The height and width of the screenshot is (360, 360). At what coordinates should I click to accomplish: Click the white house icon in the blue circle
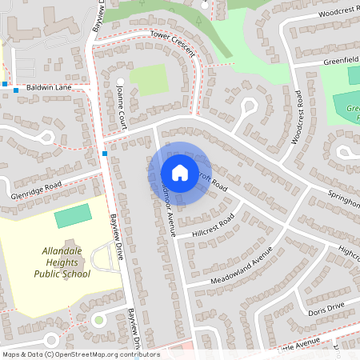tap(179, 173)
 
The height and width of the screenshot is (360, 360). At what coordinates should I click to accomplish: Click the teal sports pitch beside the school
tap(73, 215)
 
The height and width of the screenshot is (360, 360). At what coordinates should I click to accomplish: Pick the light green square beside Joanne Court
tap(149, 79)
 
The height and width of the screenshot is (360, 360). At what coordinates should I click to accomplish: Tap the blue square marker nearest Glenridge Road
tap(105, 153)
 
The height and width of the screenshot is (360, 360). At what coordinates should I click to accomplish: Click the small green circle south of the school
tap(98, 320)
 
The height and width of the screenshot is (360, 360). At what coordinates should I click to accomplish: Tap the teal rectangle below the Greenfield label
tap(353, 76)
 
